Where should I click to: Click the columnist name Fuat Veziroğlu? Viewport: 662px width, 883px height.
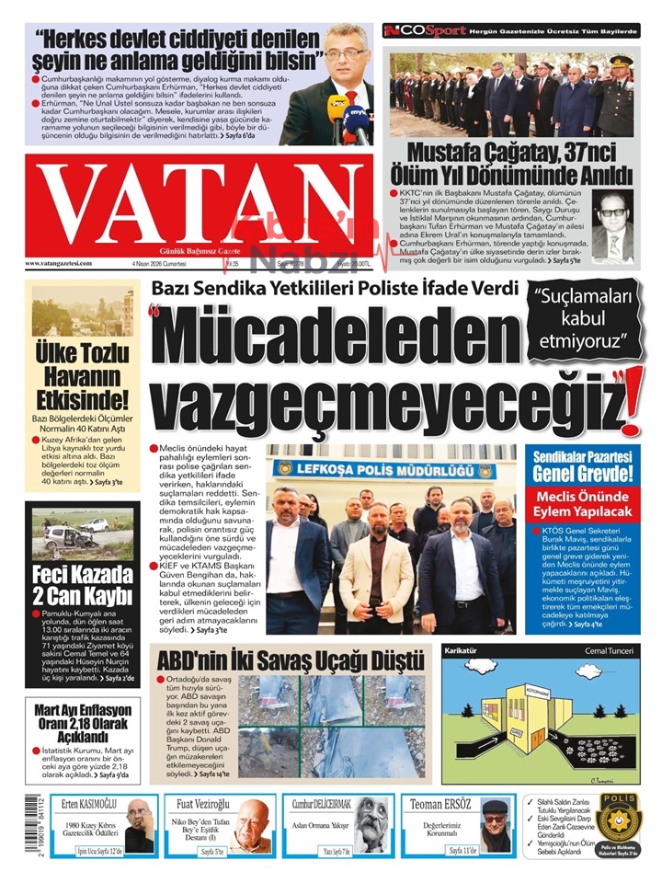[203, 802]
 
